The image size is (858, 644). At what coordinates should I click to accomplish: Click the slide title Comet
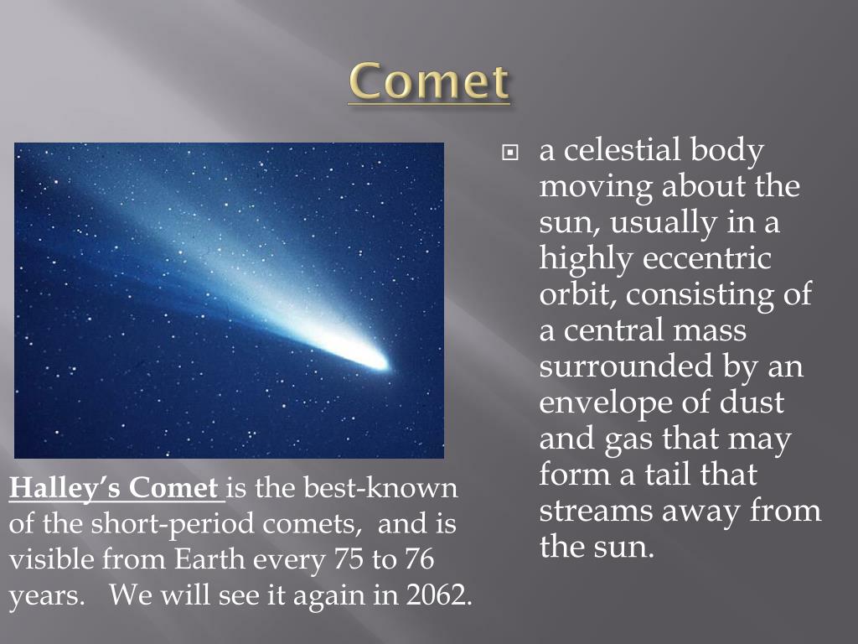pos(429,81)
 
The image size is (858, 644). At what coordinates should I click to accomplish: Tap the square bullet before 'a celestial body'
pos(509,153)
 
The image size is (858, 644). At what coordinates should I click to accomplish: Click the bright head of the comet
pos(378,361)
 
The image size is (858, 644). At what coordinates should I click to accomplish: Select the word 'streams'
pos(596,511)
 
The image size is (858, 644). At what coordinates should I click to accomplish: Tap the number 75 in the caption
pos(348,559)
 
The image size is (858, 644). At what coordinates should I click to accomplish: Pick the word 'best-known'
pos(380,487)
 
